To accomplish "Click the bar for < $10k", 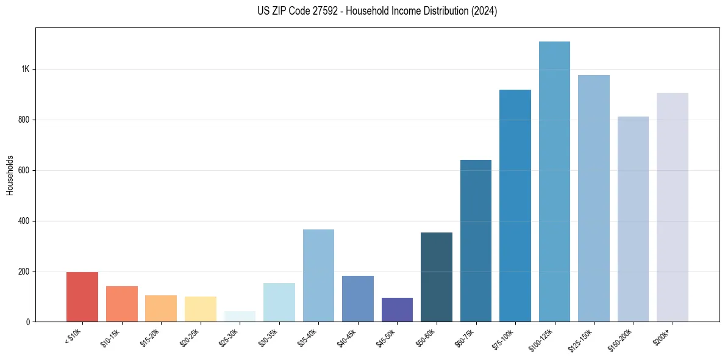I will tap(82, 297).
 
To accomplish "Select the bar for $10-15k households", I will tap(121, 304).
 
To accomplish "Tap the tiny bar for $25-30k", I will tap(240, 317).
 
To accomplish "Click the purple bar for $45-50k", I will tap(397, 309).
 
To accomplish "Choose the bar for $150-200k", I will tap(633, 219).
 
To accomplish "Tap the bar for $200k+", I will tap(673, 207).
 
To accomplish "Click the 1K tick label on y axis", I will tap(26, 69).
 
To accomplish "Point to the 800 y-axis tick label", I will tap(24, 120).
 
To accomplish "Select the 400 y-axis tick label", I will tap(24, 221).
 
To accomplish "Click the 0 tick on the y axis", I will tap(28, 322).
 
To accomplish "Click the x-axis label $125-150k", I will tap(582, 339).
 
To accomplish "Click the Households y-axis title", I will tap(10, 175).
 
